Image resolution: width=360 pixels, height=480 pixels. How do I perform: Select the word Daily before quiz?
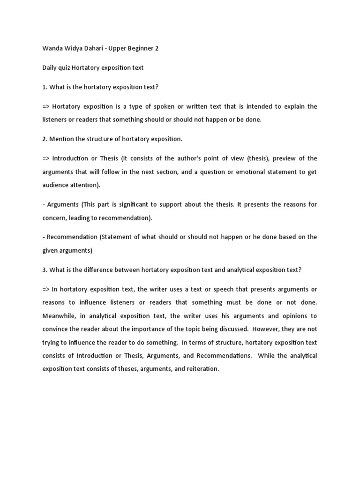pos(50,68)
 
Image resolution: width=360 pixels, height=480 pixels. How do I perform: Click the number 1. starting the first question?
pos(45,87)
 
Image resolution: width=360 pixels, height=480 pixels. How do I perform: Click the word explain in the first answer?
pos(292,106)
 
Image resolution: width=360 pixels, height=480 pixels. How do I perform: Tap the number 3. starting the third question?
pos(45,270)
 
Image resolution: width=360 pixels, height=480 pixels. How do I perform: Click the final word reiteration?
pos(202,369)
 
